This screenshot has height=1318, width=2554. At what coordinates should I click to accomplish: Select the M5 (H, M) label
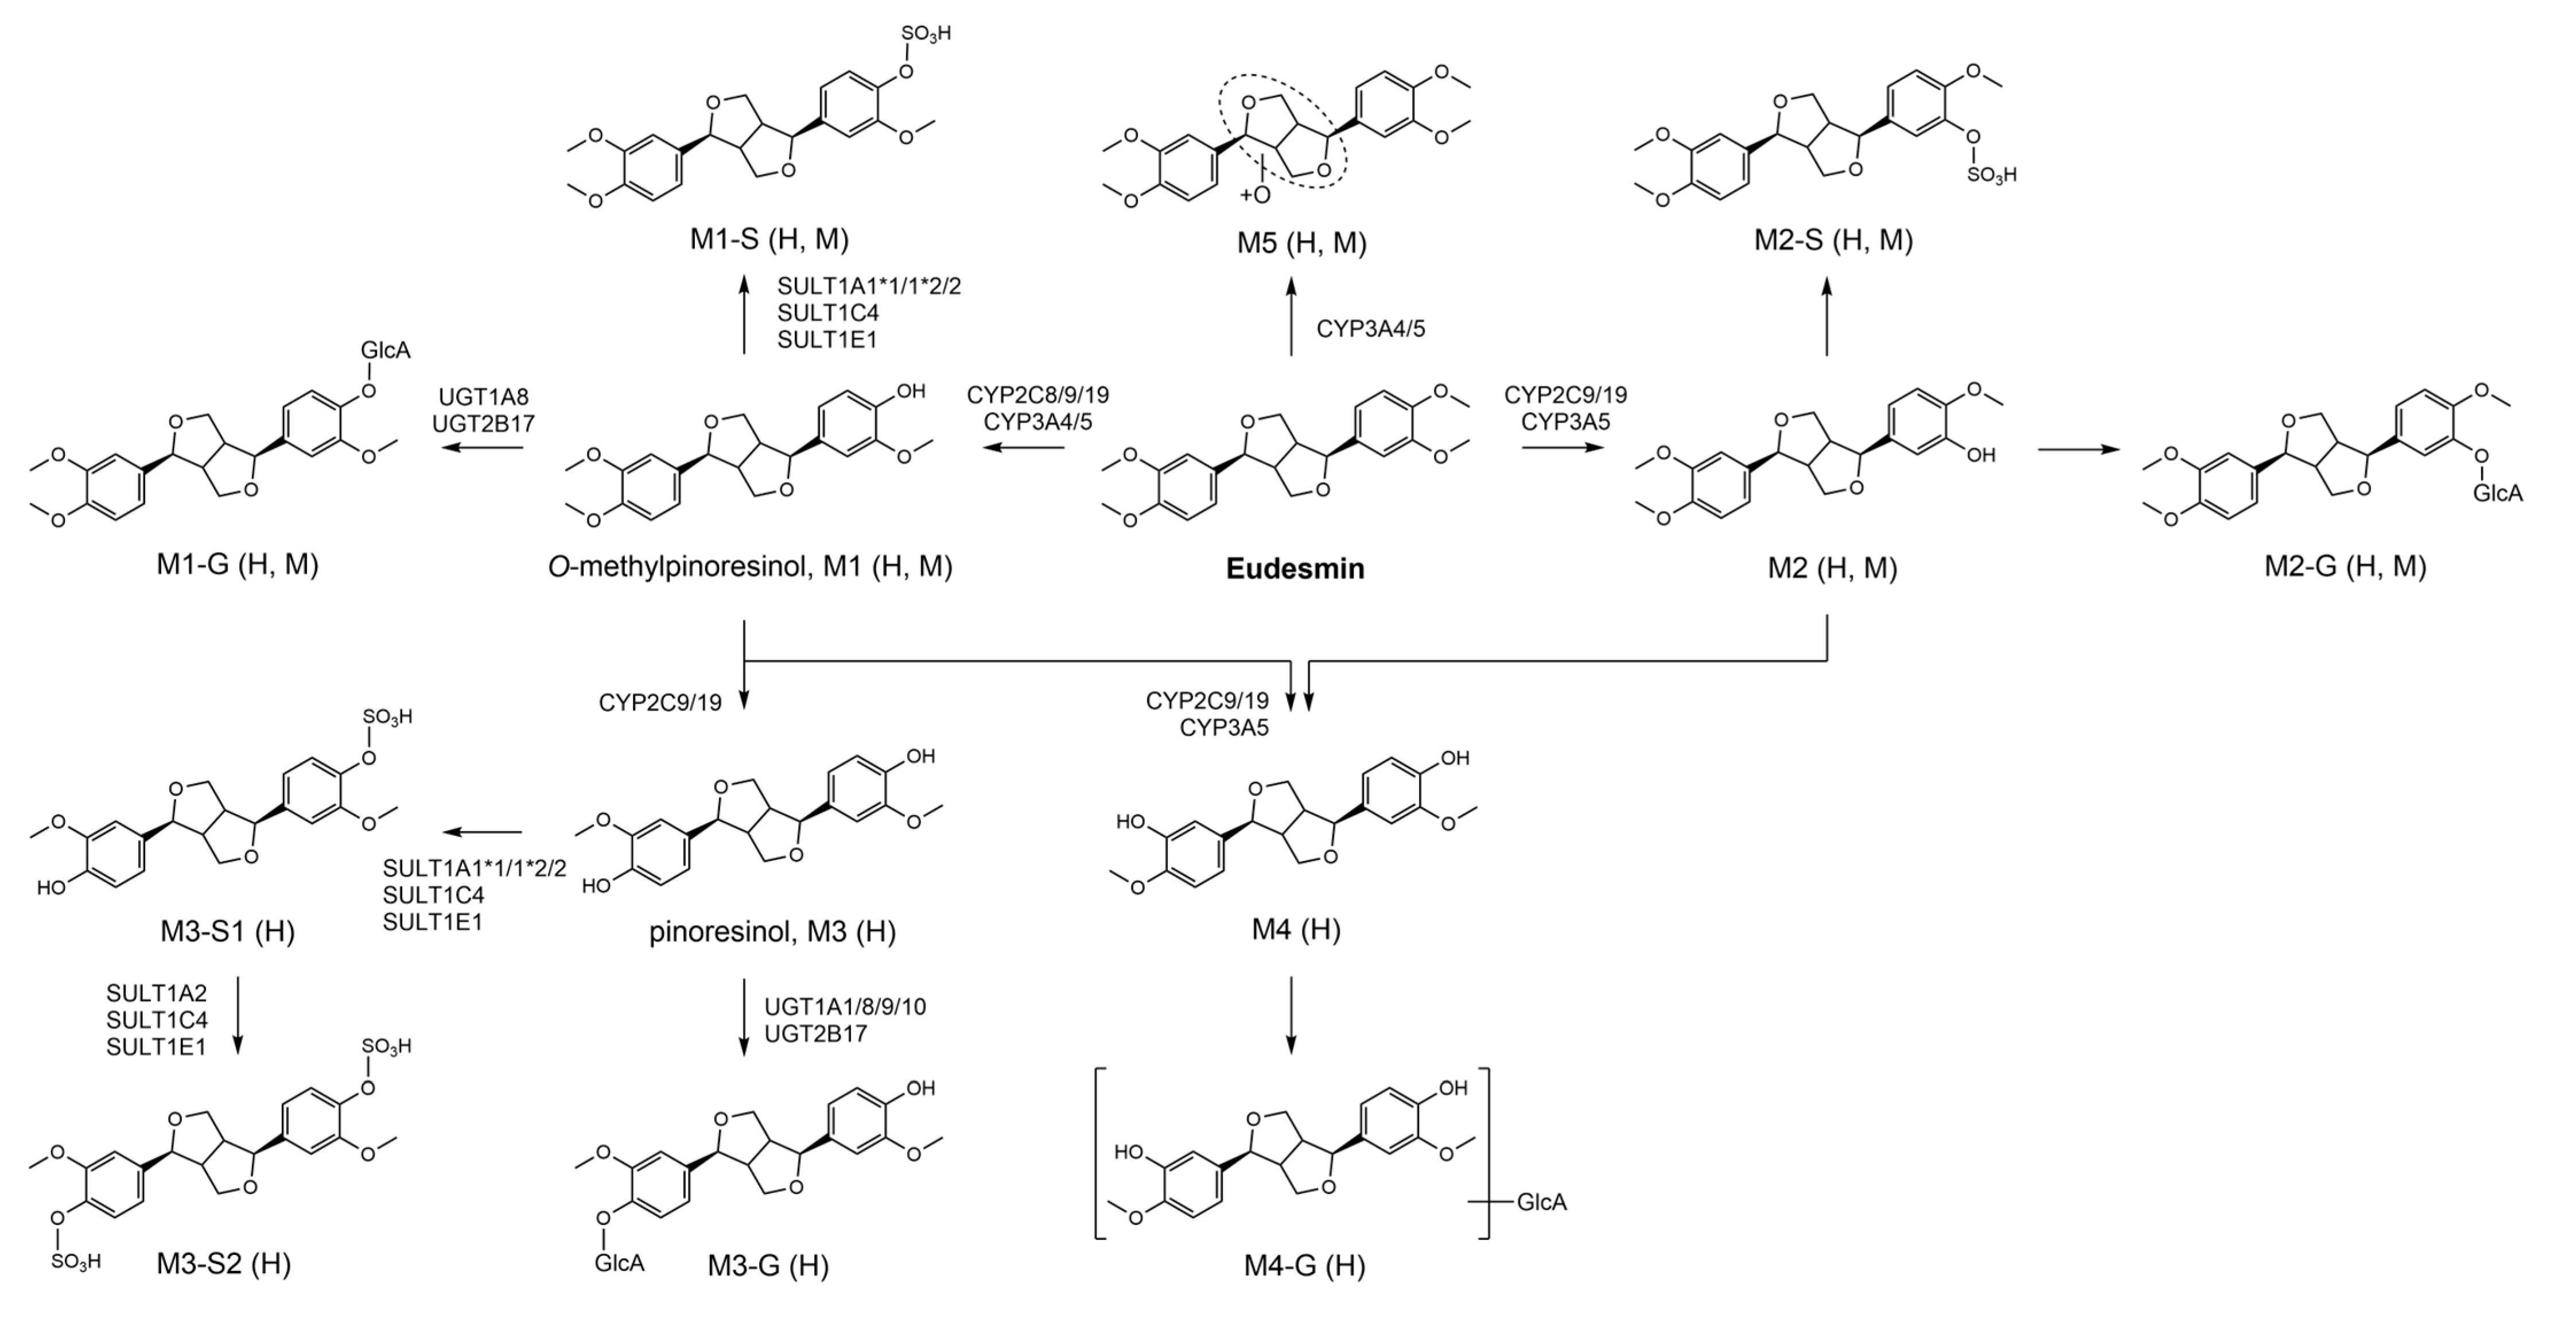[1301, 243]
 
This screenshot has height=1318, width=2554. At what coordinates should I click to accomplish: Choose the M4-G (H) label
[1304, 1265]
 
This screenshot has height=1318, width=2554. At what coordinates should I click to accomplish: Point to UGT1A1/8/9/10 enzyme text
[845, 1007]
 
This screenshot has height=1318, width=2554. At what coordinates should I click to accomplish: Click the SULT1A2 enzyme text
[157, 994]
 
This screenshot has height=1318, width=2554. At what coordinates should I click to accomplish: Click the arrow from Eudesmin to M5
[1291, 317]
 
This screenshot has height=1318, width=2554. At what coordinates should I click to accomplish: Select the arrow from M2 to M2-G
[2078, 449]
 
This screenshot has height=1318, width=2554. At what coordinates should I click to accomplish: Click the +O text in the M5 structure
[1254, 195]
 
